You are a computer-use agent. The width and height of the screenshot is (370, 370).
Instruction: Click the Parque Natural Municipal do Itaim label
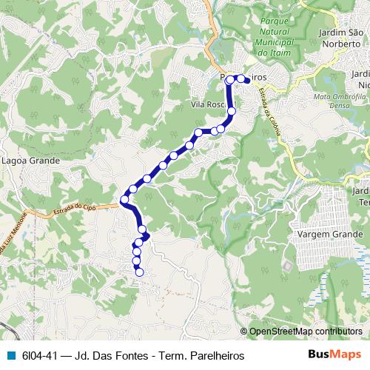(277, 37)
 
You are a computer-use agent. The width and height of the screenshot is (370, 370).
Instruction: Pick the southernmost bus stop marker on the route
(139, 272)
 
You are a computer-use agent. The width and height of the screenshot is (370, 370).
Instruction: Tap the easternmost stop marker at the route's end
(248, 79)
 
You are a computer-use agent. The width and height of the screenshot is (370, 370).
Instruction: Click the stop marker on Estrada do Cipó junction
(124, 200)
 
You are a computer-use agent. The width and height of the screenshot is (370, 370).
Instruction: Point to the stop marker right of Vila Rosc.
(231, 111)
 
